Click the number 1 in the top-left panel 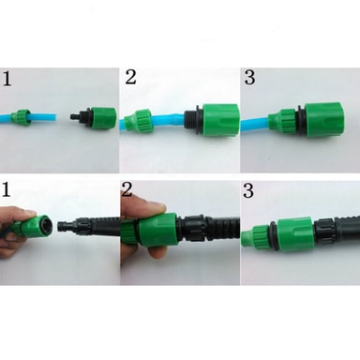(7, 79)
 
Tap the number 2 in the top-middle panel (130, 77)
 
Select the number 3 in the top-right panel (249, 77)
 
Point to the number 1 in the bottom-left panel (6, 189)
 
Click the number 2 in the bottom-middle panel (127, 189)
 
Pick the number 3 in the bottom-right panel (248, 191)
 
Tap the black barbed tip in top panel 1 (74, 116)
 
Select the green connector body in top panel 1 (103, 116)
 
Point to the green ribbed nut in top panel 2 (138, 123)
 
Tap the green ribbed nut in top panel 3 (283, 121)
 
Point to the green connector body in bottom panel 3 (295, 232)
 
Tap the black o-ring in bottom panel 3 (273, 235)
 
